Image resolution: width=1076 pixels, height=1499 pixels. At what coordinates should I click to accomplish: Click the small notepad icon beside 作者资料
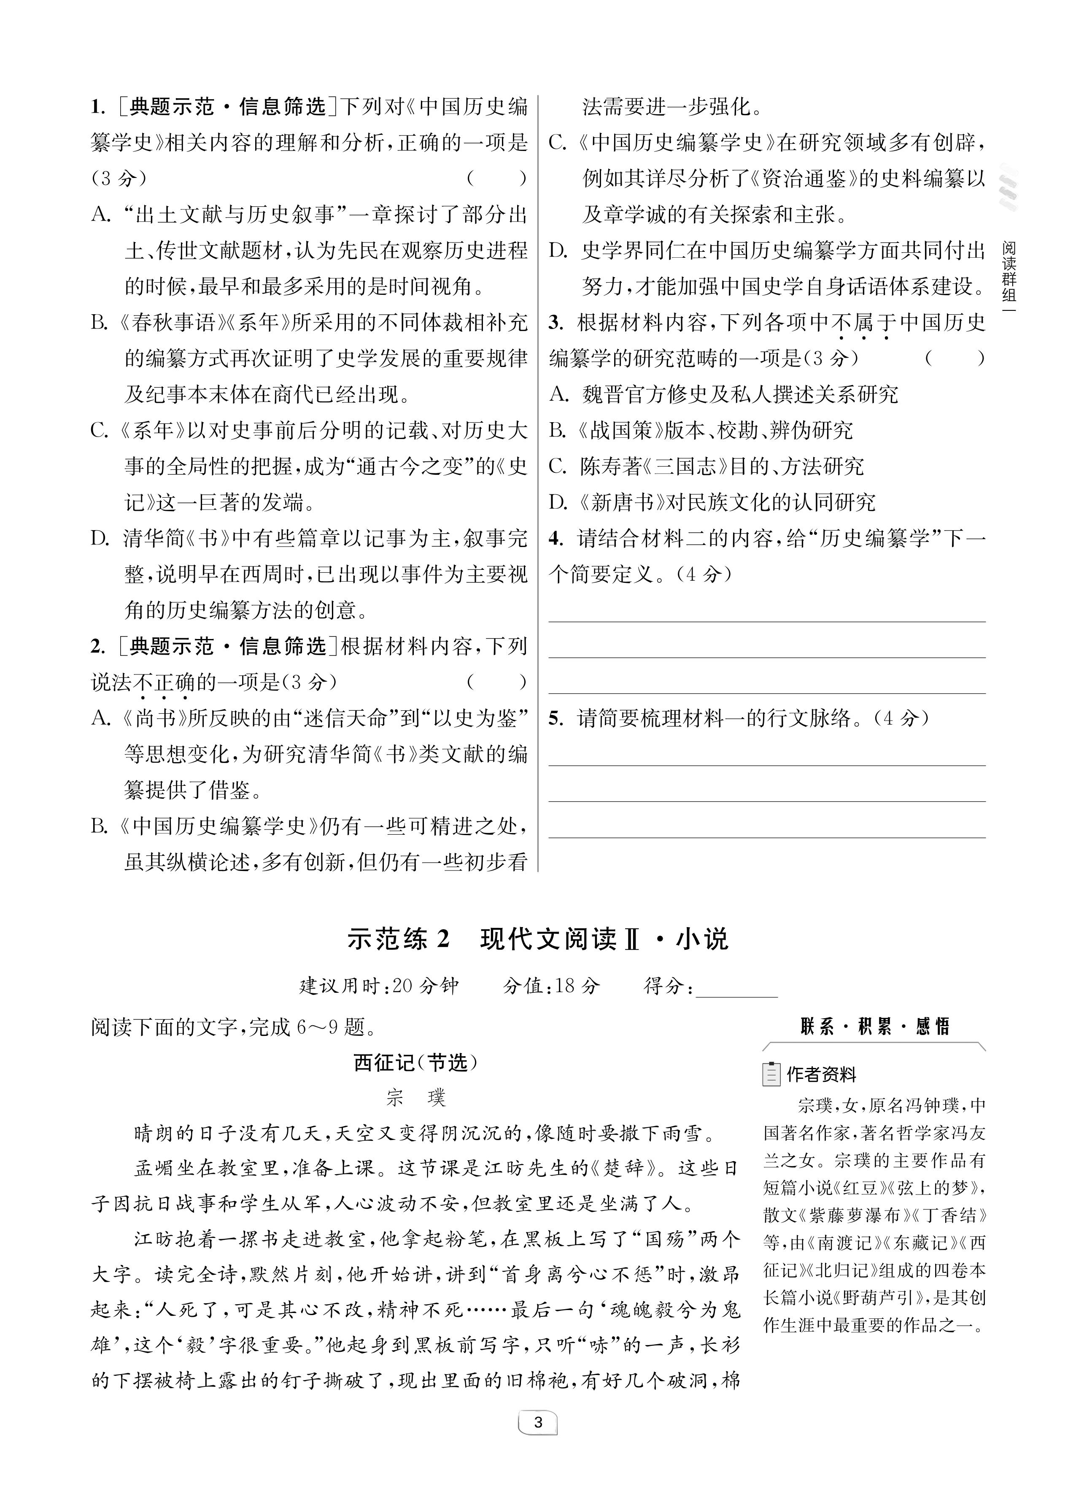point(771,1074)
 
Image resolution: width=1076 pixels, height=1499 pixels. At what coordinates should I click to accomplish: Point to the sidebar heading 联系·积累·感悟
point(874,1027)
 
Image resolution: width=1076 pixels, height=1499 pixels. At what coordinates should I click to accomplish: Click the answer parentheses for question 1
point(496,178)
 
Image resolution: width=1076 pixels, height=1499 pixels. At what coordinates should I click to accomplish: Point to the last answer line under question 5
point(767,837)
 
